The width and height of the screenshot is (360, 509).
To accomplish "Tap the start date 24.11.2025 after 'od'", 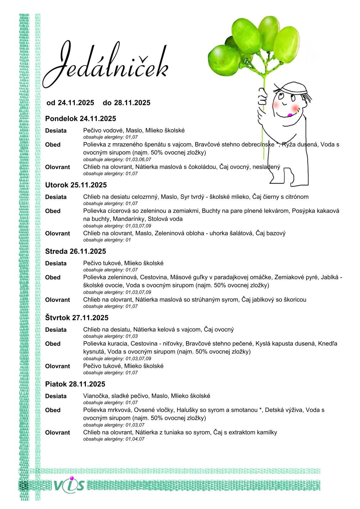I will click(76, 103).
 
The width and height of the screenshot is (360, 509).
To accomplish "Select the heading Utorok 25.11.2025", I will click(76, 185).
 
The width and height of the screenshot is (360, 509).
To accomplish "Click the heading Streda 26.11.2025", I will click(76, 251).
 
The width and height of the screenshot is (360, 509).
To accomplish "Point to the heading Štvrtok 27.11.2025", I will click(77, 318).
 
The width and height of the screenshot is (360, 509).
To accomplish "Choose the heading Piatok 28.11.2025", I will click(75, 384).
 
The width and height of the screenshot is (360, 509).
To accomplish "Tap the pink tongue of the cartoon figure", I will click(290, 115).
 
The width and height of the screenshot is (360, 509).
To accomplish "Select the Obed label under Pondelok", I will click(53, 145).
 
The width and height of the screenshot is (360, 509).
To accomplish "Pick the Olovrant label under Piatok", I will click(57, 433).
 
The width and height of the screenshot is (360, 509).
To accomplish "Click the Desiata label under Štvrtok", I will click(56, 330).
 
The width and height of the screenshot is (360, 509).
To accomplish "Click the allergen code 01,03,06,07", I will click(138, 159).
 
